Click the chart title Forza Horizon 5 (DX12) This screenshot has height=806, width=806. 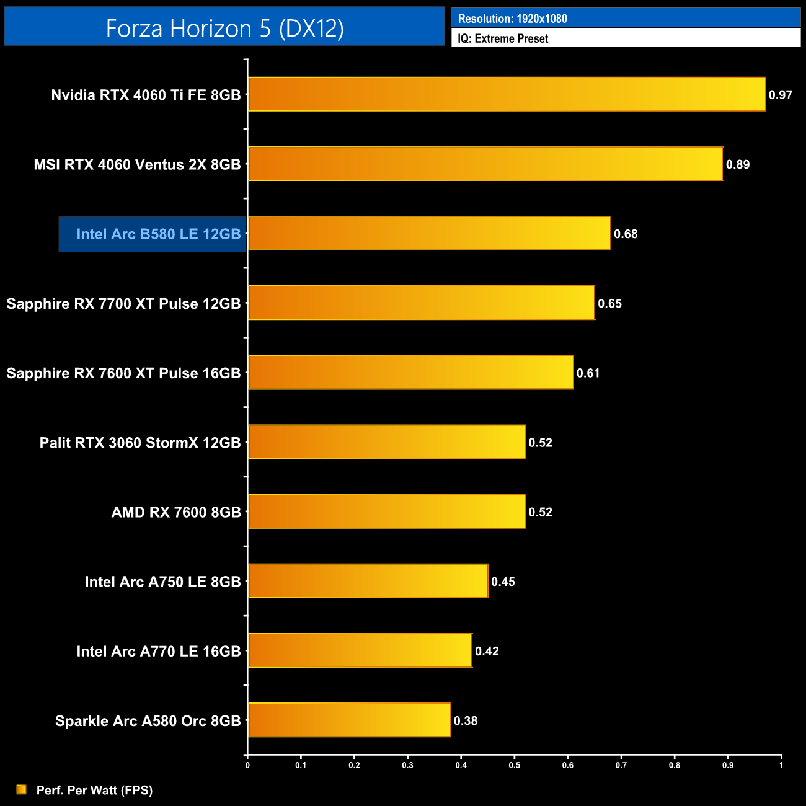click(x=224, y=29)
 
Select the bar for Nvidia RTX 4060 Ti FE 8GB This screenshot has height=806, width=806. click(x=507, y=94)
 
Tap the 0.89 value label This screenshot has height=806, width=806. click(x=738, y=164)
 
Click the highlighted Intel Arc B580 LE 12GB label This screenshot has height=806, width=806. click(x=158, y=234)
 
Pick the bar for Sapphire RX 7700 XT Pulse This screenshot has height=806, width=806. click(x=422, y=303)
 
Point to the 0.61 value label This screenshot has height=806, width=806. click(x=588, y=373)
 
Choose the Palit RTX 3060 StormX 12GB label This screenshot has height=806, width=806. click(x=140, y=443)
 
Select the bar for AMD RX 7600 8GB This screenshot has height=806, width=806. click(x=387, y=511)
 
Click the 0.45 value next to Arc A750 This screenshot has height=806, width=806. click(x=503, y=582)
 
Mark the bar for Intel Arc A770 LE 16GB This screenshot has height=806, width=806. click(x=360, y=650)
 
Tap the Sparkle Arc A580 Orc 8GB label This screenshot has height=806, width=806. click(x=148, y=721)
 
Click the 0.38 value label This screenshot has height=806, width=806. click(x=466, y=720)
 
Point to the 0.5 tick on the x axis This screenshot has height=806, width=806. click(x=515, y=765)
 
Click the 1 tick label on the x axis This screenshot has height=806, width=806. click(x=781, y=765)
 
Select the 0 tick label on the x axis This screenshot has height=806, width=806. click(x=247, y=765)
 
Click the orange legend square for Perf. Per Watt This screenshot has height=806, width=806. click(x=22, y=789)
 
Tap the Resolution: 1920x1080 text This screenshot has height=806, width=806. click(x=512, y=19)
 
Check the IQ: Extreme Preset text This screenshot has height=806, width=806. click(x=503, y=38)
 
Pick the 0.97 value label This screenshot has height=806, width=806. click(x=781, y=95)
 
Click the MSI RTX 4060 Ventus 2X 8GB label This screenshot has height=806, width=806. click(x=137, y=165)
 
